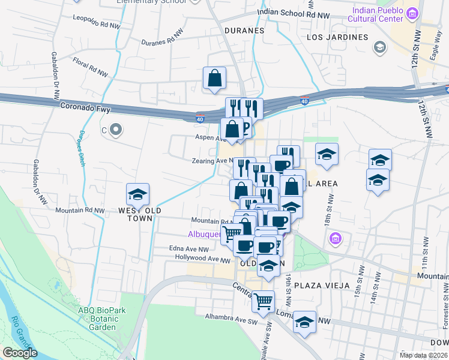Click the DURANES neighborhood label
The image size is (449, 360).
(x=244, y=30)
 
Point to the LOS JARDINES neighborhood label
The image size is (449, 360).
(x=337, y=37)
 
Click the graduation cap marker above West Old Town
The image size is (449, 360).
(x=137, y=195)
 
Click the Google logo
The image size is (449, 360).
(x=20, y=352)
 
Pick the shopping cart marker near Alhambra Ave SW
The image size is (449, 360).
(x=264, y=301)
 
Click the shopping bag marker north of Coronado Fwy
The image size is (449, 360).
(x=214, y=78)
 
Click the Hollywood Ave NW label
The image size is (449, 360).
(x=202, y=259)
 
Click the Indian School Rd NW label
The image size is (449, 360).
(x=294, y=14)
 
